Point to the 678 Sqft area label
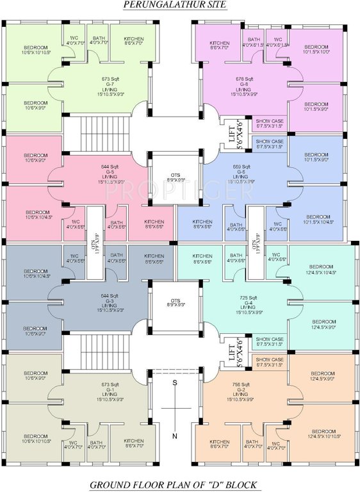(244, 79)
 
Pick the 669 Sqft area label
(242, 167)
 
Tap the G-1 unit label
(110, 390)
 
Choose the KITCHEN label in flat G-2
(220, 441)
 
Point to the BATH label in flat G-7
(99, 39)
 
